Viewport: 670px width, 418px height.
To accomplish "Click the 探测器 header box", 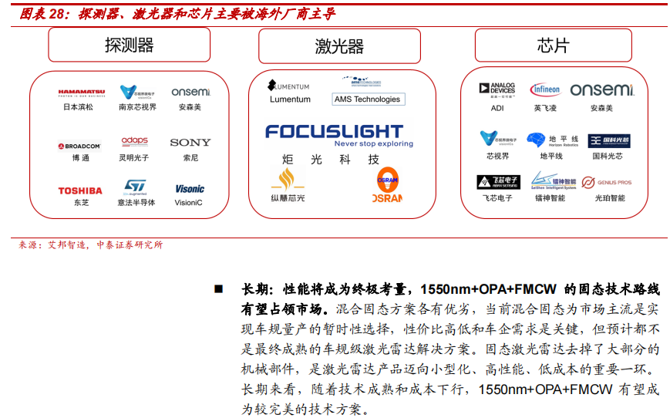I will [129, 46].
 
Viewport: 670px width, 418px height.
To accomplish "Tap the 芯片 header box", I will [553, 46].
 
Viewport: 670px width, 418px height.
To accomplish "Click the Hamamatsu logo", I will [81, 93].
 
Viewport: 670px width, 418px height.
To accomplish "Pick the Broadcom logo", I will [79, 145].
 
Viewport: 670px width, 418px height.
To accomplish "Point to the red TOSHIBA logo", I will [80, 190].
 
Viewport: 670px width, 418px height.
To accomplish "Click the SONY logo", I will [190, 143].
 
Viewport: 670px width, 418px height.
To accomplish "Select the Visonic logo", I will [189, 189].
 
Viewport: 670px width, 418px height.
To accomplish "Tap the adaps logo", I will [134, 142].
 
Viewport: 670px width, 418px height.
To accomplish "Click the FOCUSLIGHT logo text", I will [334, 132].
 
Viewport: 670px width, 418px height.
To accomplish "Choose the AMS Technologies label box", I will [367, 99].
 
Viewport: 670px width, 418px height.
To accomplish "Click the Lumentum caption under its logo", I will [290, 99].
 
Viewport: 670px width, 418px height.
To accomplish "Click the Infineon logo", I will [545, 90].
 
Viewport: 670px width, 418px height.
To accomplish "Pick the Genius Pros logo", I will [607, 183].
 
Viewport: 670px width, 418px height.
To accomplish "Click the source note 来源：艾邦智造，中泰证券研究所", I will [91, 245].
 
